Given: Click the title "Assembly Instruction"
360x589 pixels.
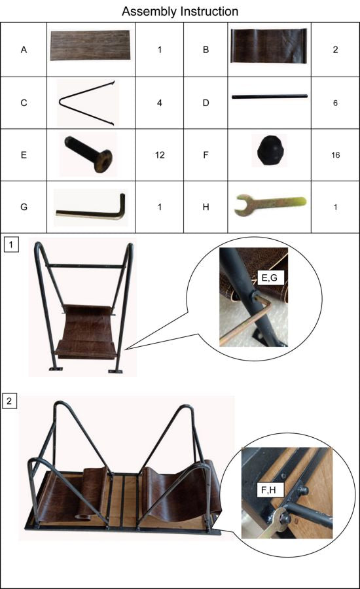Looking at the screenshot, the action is [180, 11].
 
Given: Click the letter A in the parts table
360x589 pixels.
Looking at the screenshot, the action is [24, 50].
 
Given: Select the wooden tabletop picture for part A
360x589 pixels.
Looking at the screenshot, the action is [90, 45].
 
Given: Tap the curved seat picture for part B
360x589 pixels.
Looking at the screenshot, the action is [268, 46].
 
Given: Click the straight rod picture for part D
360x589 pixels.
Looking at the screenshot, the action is [270, 97].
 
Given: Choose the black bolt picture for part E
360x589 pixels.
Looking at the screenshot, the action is [88, 154].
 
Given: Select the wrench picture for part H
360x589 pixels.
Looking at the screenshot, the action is [270, 204].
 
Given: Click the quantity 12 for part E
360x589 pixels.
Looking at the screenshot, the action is [160, 154].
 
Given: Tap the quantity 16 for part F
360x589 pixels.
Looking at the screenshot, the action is [336, 154].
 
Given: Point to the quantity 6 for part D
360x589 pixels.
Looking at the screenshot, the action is [335, 103].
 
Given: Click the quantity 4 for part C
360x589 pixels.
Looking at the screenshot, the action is [159, 103].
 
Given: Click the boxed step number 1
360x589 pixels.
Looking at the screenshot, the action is [11, 245].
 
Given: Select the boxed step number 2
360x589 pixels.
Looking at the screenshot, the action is [9, 401].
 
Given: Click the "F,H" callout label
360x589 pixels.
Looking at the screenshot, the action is [268, 490].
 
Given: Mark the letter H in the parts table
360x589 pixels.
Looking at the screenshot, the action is [206, 207].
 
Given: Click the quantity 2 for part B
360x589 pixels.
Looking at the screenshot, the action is [335, 50].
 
